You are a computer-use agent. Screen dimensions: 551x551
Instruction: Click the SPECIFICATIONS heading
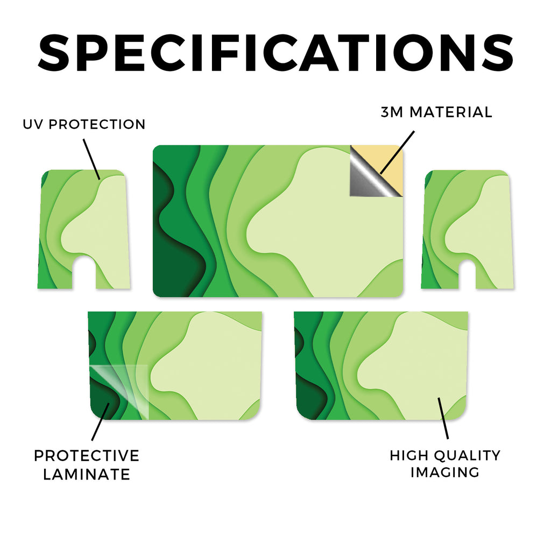click(275, 53)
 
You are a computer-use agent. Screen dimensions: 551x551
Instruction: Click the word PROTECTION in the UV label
click(97, 124)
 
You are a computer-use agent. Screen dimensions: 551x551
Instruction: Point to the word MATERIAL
click(451, 112)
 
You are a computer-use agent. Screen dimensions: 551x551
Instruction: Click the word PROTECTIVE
click(87, 456)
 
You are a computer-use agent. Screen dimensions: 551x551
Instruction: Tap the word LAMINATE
click(87, 475)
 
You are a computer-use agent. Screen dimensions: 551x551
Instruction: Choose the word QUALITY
click(467, 455)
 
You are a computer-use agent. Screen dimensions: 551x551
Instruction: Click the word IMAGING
click(445, 472)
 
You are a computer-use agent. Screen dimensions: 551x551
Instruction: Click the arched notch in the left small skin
click(84, 272)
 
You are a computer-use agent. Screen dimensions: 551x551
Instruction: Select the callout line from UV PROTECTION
click(91, 159)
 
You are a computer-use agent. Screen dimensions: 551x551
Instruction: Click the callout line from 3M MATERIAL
click(397, 152)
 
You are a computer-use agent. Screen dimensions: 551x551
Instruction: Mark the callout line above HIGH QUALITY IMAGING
click(443, 418)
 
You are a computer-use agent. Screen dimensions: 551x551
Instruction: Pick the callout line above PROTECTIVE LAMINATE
click(101, 422)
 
